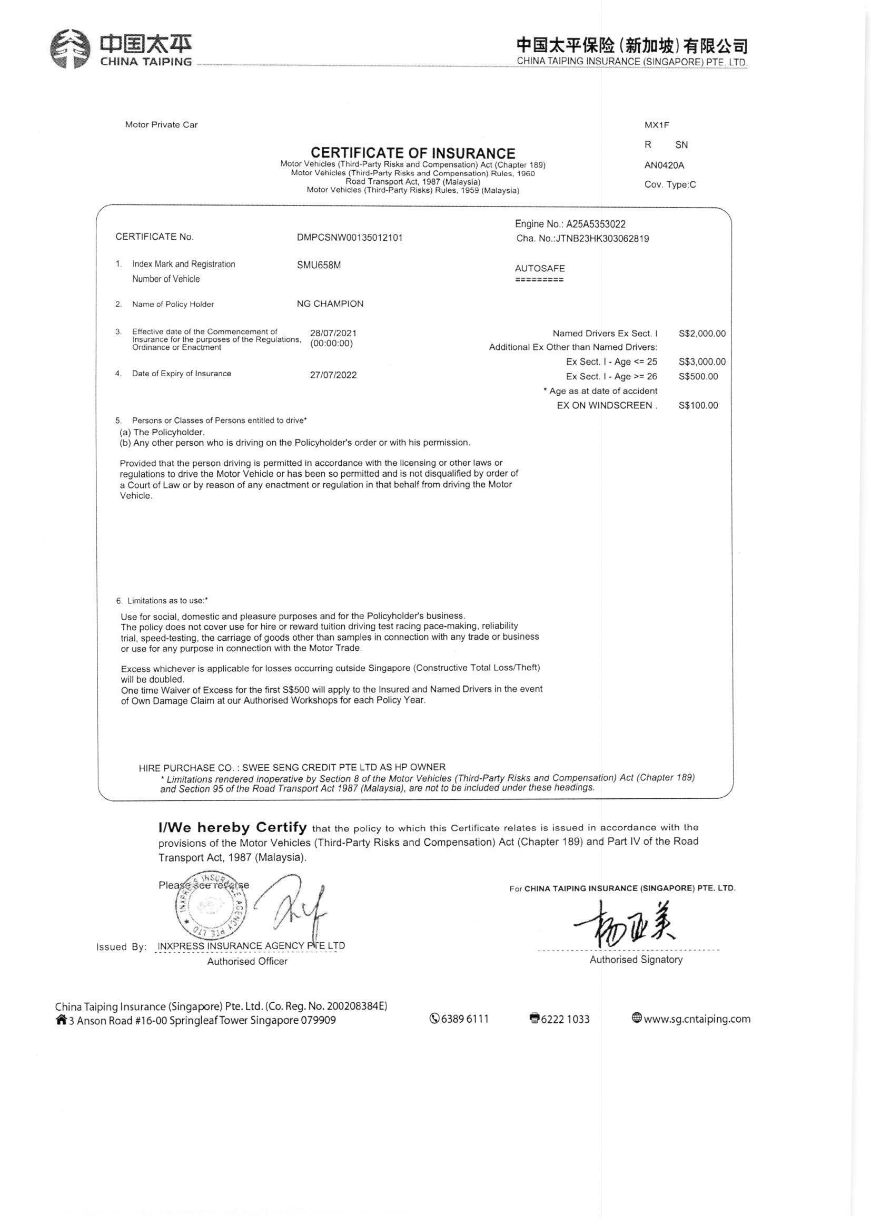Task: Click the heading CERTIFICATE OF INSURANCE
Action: point(413,153)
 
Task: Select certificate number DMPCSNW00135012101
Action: point(349,237)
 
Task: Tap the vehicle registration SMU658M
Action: point(319,265)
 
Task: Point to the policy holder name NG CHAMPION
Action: point(330,304)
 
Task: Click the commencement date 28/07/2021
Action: point(333,333)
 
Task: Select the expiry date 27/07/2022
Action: point(333,375)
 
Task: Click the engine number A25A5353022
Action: point(596,224)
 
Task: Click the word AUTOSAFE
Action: point(540,268)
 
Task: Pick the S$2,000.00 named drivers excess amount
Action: point(701,334)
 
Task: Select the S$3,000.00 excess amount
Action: point(701,362)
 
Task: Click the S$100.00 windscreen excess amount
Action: point(698,406)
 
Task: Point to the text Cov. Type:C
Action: point(670,184)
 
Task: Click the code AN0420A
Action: point(664,165)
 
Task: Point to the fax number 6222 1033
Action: point(565,1019)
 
